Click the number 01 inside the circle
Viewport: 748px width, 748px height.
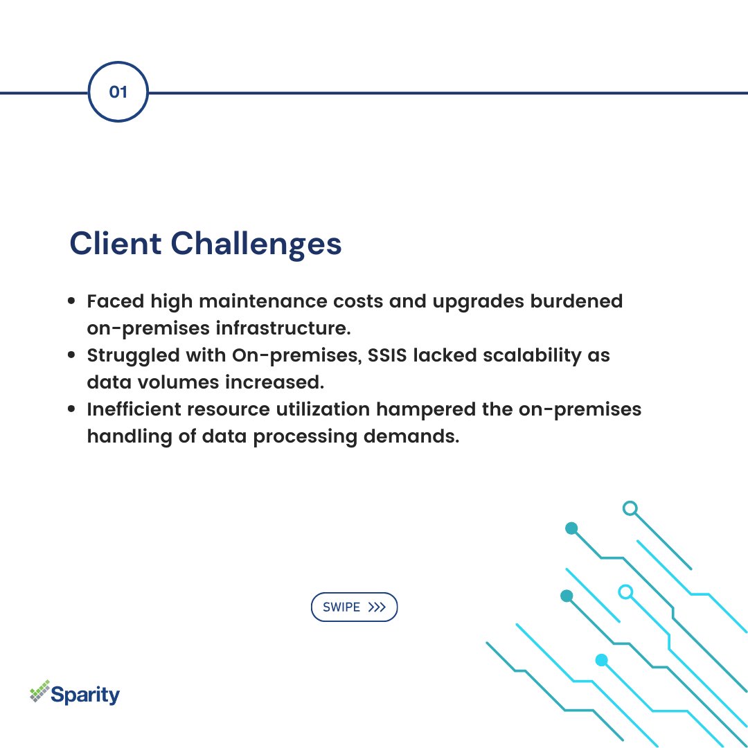click(118, 91)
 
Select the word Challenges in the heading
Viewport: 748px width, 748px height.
click(256, 244)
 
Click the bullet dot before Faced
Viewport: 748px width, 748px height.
click(72, 302)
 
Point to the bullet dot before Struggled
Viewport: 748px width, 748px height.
click(72, 356)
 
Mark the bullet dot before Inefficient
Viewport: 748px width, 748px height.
click(72, 410)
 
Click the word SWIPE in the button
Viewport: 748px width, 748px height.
click(341, 607)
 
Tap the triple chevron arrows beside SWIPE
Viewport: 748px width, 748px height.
click(377, 607)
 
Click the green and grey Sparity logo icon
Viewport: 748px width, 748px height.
click(40, 691)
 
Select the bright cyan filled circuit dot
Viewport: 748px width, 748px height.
click(601, 660)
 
